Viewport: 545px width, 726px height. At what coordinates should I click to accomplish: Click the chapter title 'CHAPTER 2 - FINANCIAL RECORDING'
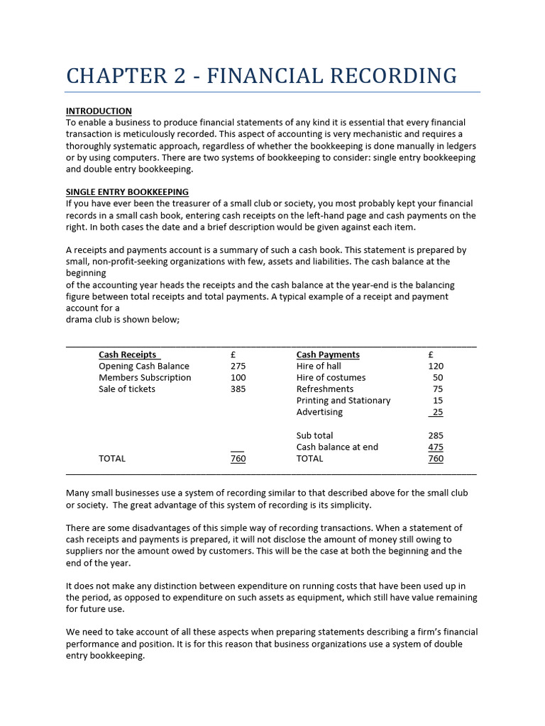261,75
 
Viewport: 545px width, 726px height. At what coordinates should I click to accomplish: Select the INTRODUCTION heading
99,111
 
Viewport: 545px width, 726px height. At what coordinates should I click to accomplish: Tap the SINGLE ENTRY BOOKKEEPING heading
127,192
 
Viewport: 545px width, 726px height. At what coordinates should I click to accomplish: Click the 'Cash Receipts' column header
128,354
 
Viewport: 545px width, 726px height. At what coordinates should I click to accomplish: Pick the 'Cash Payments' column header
328,354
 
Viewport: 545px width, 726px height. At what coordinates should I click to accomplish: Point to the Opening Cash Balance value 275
238,366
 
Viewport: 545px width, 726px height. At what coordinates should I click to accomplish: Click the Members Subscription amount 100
238,377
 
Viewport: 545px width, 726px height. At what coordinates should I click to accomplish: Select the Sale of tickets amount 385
238,389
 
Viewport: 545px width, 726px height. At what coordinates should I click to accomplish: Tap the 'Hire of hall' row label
319,366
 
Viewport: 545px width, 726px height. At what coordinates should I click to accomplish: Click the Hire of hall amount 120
436,366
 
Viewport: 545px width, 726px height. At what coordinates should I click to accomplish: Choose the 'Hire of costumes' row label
331,377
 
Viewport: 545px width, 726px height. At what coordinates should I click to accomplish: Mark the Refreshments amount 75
438,389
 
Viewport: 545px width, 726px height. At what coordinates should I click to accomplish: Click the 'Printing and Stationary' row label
343,400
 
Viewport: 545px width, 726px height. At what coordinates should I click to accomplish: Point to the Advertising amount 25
437,411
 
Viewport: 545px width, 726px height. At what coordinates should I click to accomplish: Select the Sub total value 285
436,435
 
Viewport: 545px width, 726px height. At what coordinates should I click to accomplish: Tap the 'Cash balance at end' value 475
436,447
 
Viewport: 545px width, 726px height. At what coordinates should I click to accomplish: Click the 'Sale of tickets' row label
127,389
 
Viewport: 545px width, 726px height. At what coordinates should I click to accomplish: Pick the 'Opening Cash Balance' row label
144,366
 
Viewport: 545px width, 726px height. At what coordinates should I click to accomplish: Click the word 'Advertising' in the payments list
319,411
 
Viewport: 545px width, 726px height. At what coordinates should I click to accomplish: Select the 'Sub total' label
314,435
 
